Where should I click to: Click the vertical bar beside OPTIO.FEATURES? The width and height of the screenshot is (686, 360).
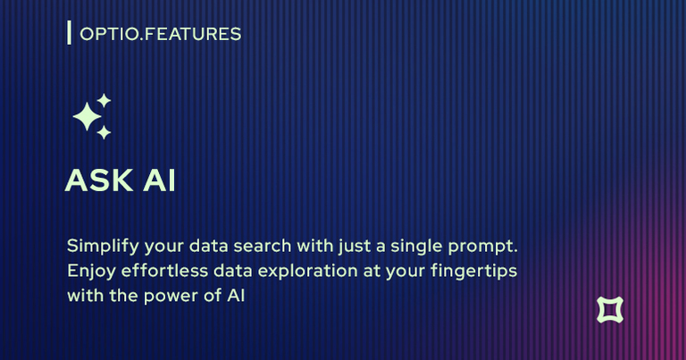(69, 33)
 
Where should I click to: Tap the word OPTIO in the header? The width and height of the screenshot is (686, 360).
(109, 34)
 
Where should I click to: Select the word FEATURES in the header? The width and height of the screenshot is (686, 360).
(193, 34)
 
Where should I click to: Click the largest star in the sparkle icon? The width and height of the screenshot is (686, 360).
(87, 116)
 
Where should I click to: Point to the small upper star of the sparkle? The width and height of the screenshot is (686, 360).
(104, 101)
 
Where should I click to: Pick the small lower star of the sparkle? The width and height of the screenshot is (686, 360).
(104, 132)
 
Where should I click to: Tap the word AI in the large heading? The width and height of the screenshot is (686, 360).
(159, 180)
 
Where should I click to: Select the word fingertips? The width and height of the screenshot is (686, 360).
(473, 272)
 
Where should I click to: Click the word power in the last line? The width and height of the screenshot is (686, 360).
(171, 297)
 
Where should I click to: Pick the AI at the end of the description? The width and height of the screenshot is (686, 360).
(236, 296)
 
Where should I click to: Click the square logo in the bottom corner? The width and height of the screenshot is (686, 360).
(610, 310)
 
